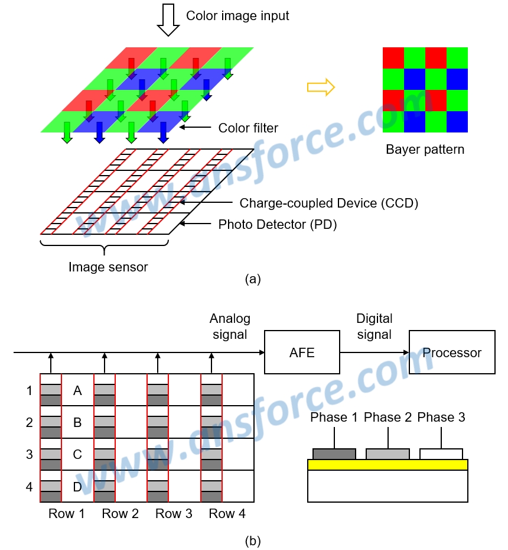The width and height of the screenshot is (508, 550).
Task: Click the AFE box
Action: click(x=302, y=352)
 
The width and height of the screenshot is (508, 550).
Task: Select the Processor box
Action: click(x=452, y=352)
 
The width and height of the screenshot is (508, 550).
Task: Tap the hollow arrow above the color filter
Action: click(x=168, y=20)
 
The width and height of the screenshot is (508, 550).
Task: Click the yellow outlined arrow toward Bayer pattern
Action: click(x=321, y=87)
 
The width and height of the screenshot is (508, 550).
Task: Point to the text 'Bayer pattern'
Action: click(x=425, y=150)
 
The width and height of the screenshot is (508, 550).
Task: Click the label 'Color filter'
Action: click(x=248, y=128)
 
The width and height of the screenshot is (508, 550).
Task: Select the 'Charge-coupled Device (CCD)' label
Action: click(x=328, y=203)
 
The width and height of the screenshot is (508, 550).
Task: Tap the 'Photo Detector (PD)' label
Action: click(x=278, y=225)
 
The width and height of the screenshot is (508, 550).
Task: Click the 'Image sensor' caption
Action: click(x=108, y=267)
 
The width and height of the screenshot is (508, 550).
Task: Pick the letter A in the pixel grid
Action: click(x=77, y=390)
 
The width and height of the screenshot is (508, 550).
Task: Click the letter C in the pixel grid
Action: click(x=77, y=454)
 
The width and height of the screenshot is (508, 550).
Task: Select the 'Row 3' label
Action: click(x=174, y=513)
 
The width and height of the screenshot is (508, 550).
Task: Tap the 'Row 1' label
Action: click(x=67, y=513)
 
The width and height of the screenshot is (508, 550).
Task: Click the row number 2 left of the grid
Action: click(x=30, y=422)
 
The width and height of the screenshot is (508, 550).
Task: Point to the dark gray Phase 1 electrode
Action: click(x=334, y=454)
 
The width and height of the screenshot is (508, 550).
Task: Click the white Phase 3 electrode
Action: click(x=441, y=454)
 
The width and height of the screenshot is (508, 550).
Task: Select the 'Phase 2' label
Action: click(x=387, y=418)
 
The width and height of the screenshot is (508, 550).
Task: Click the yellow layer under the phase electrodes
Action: click(x=387, y=465)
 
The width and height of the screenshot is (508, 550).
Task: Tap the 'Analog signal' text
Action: click(x=230, y=326)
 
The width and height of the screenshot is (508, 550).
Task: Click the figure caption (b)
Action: click(x=253, y=541)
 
